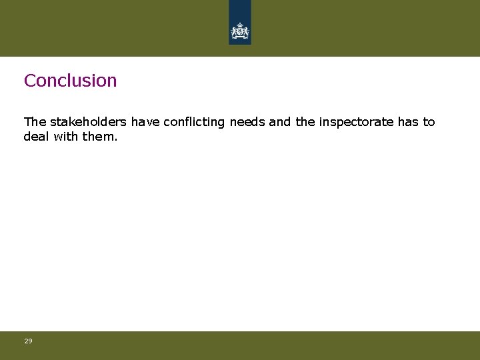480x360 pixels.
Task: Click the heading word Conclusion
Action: (70, 81)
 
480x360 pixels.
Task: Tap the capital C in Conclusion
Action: (29, 81)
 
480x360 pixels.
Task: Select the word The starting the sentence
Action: (35, 122)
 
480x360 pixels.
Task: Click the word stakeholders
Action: (89, 122)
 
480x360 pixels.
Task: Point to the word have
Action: (145, 122)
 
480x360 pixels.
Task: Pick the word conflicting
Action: (194, 122)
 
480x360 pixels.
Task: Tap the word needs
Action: (247, 122)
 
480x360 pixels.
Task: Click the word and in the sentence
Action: (280, 122)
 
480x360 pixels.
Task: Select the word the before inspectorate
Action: (305, 122)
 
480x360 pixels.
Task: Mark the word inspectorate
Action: (356, 122)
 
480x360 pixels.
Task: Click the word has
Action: (408, 122)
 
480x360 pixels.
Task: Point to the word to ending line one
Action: (429, 122)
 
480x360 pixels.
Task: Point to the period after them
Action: (115, 139)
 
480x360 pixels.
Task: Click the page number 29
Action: (28, 341)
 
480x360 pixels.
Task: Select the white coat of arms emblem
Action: (240, 31)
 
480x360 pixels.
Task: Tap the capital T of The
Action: (27, 122)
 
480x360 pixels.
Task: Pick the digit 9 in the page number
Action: (30, 341)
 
